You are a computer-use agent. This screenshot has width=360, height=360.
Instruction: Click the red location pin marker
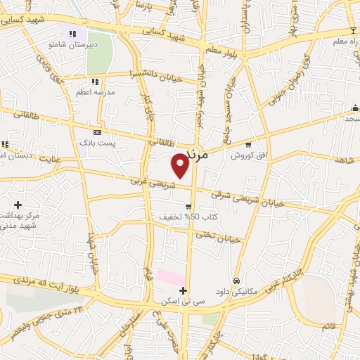coord(181,165)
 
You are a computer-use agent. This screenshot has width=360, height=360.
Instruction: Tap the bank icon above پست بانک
coord(97,132)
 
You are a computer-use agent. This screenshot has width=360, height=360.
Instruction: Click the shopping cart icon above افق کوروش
coord(248,145)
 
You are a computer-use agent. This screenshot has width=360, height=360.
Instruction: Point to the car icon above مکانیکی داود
coord(236,280)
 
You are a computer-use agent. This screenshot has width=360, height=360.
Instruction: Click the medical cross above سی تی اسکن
coord(183,290)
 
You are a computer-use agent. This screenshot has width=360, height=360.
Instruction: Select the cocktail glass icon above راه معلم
coord(352,30)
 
